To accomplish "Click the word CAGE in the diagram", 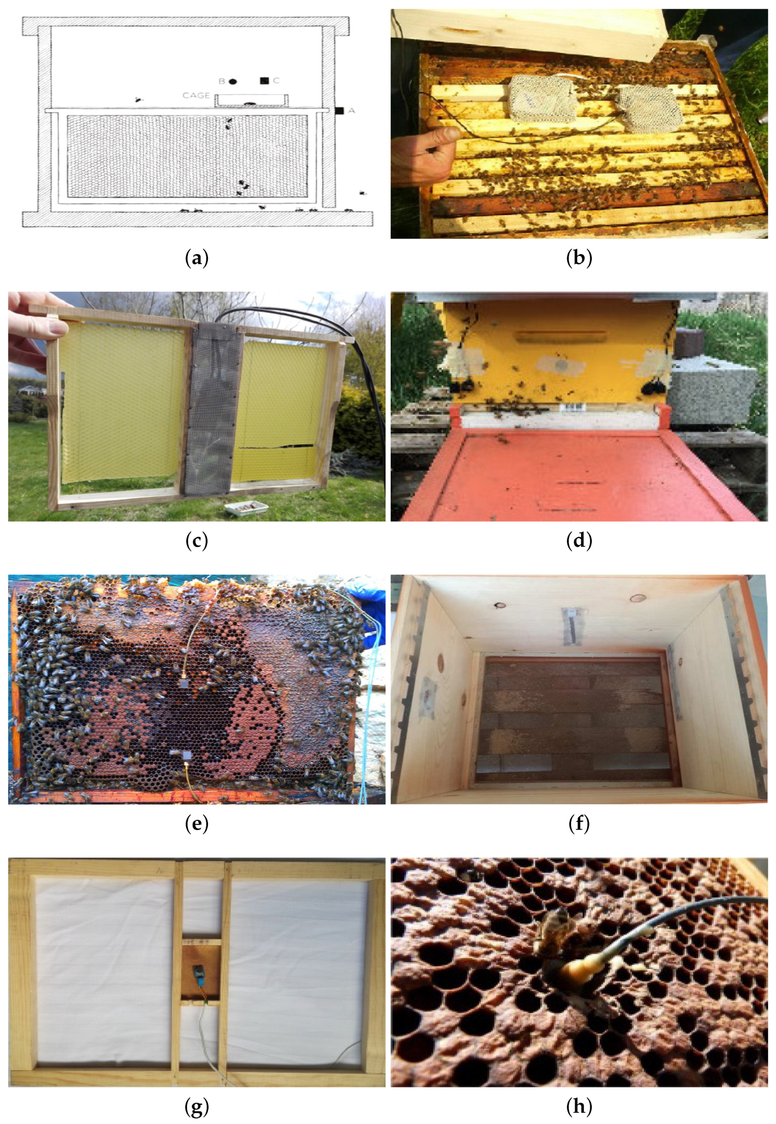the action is pyautogui.click(x=196, y=95).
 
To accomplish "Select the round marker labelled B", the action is pyautogui.click(x=233, y=81).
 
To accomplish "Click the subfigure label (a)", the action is pyautogui.click(x=197, y=258).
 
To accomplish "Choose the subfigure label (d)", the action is pyautogui.click(x=579, y=541).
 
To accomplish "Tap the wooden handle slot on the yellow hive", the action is pyautogui.click(x=561, y=336).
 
